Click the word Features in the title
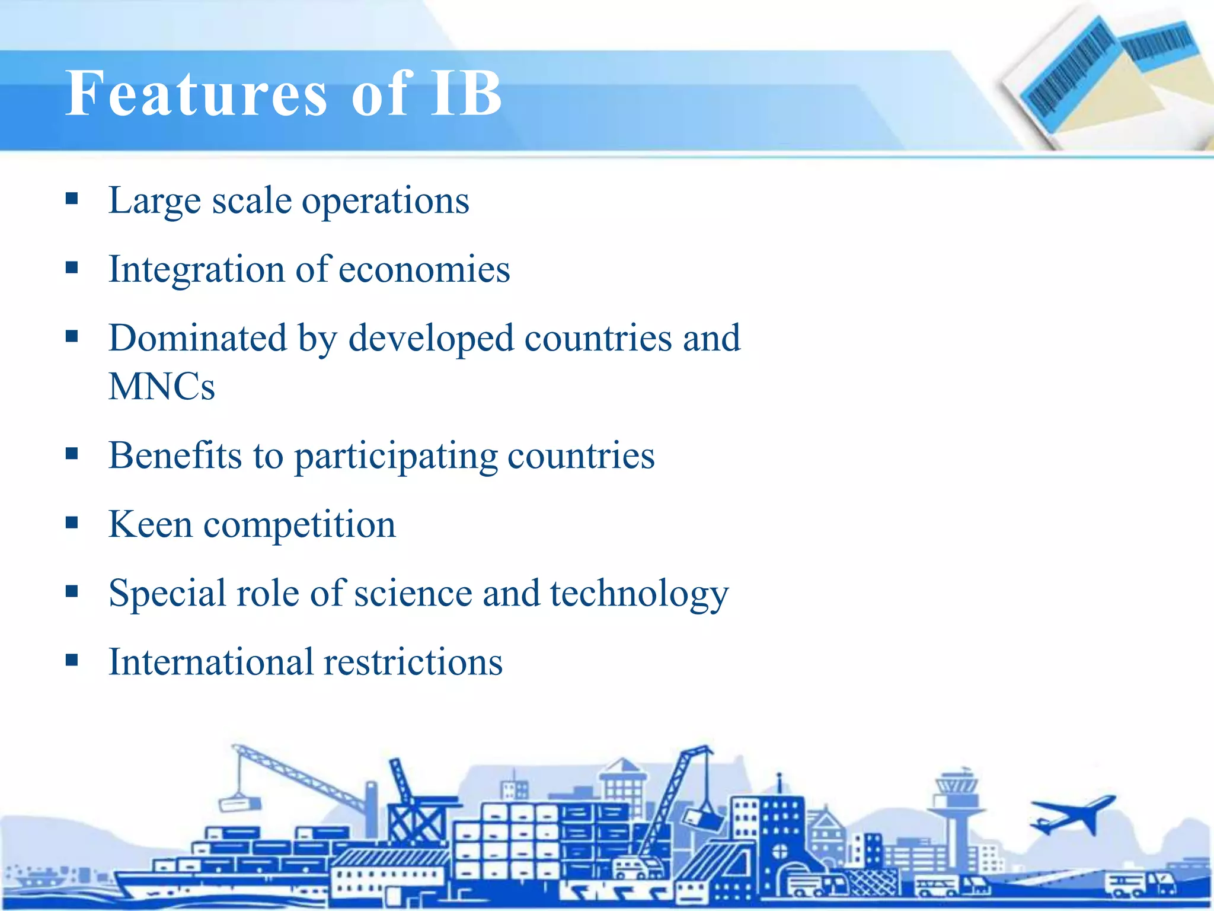click(196, 93)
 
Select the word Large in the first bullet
click(155, 202)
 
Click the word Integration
click(196, 270)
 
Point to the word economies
click(424, 270)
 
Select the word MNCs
click(161, 387)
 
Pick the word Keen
click(151, 524)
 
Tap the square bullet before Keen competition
click(72, 523)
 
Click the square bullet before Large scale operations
click(72, 198)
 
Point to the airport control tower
click(955, 807)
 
